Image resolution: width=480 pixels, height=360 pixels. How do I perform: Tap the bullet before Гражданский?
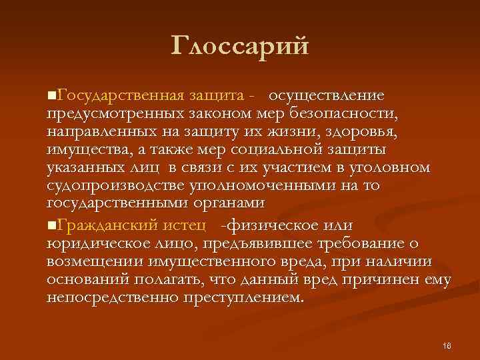pyautogui.click(x=53, y=227)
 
